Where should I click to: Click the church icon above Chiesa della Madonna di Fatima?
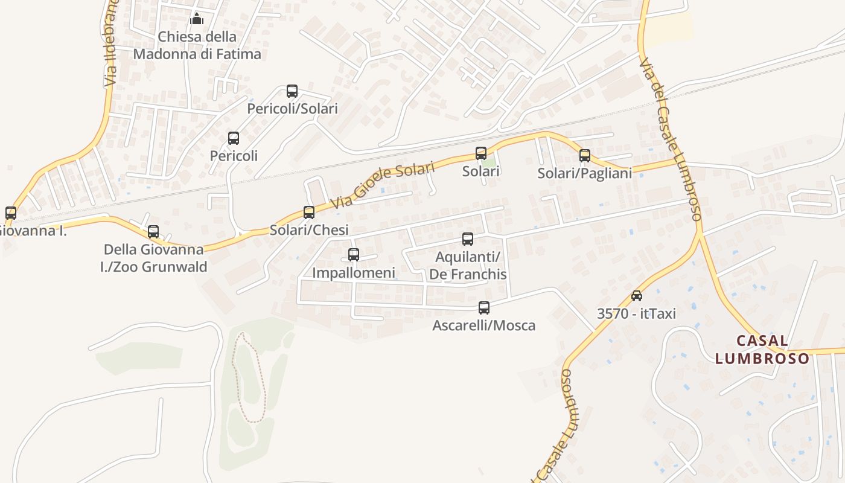197,19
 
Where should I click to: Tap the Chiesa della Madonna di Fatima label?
197,45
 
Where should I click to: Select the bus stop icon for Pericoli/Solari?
292,91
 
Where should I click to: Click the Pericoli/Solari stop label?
292,109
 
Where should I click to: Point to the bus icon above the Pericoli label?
234,138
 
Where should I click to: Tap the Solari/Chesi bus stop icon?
309,212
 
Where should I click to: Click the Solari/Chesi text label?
309,230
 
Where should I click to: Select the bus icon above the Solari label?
481,153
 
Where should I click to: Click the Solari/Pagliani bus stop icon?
585,156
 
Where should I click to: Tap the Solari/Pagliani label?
585,173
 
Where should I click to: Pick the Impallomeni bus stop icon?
354,255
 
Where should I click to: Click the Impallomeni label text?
354,272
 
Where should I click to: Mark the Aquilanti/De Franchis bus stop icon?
468,239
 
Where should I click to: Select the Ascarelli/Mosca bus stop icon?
484,308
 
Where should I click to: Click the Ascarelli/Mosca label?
484,325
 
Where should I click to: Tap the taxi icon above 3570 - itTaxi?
637,296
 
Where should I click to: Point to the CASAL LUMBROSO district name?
762,350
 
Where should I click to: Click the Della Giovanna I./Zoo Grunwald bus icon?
153,231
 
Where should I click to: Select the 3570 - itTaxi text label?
636,313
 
